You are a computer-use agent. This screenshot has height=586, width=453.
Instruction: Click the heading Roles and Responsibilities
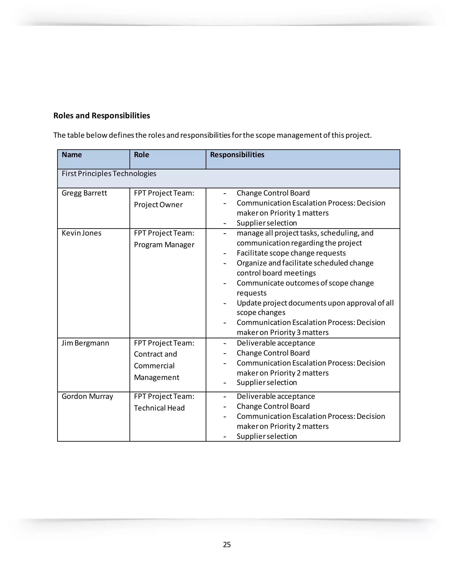pyautogui.click(x=102, y=116)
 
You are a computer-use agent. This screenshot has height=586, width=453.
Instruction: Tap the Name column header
pyautogui.click(x=72, y=155)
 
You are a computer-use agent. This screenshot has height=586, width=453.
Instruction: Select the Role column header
pyautogui.click(x=141, y=155)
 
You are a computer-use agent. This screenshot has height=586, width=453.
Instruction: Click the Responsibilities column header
pyautogui.click(x=237, y=155)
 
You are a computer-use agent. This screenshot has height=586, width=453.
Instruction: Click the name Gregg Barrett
pyautogui.click(x=84, y=193)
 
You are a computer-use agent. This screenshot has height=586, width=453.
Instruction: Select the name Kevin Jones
pyautogui.click(x=81, y=233)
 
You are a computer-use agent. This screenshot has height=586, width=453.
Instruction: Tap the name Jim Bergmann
pyautogui.click(x=85, y=343)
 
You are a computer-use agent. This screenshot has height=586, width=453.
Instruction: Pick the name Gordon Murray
pyautogui.click(x=87, y=396)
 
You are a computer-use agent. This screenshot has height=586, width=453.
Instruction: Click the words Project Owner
pyautogui.click(x=158, y=205)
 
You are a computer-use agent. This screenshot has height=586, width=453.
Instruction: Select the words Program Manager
pyautogui.click(x=164, y=245)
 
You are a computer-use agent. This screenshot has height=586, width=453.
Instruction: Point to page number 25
pyautogui.click(x=226, y=545)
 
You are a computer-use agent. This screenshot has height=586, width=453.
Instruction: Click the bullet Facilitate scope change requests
pyautogui.click(x=291, y=253)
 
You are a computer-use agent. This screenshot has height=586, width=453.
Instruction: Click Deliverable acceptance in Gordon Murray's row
pyautogui.click(x=276, y=396)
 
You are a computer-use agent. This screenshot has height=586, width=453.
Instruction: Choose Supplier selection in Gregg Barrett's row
pyautogui.click(x=267, y=223)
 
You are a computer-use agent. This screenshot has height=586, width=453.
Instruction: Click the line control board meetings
pyautogui.click(x=276, y=273)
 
